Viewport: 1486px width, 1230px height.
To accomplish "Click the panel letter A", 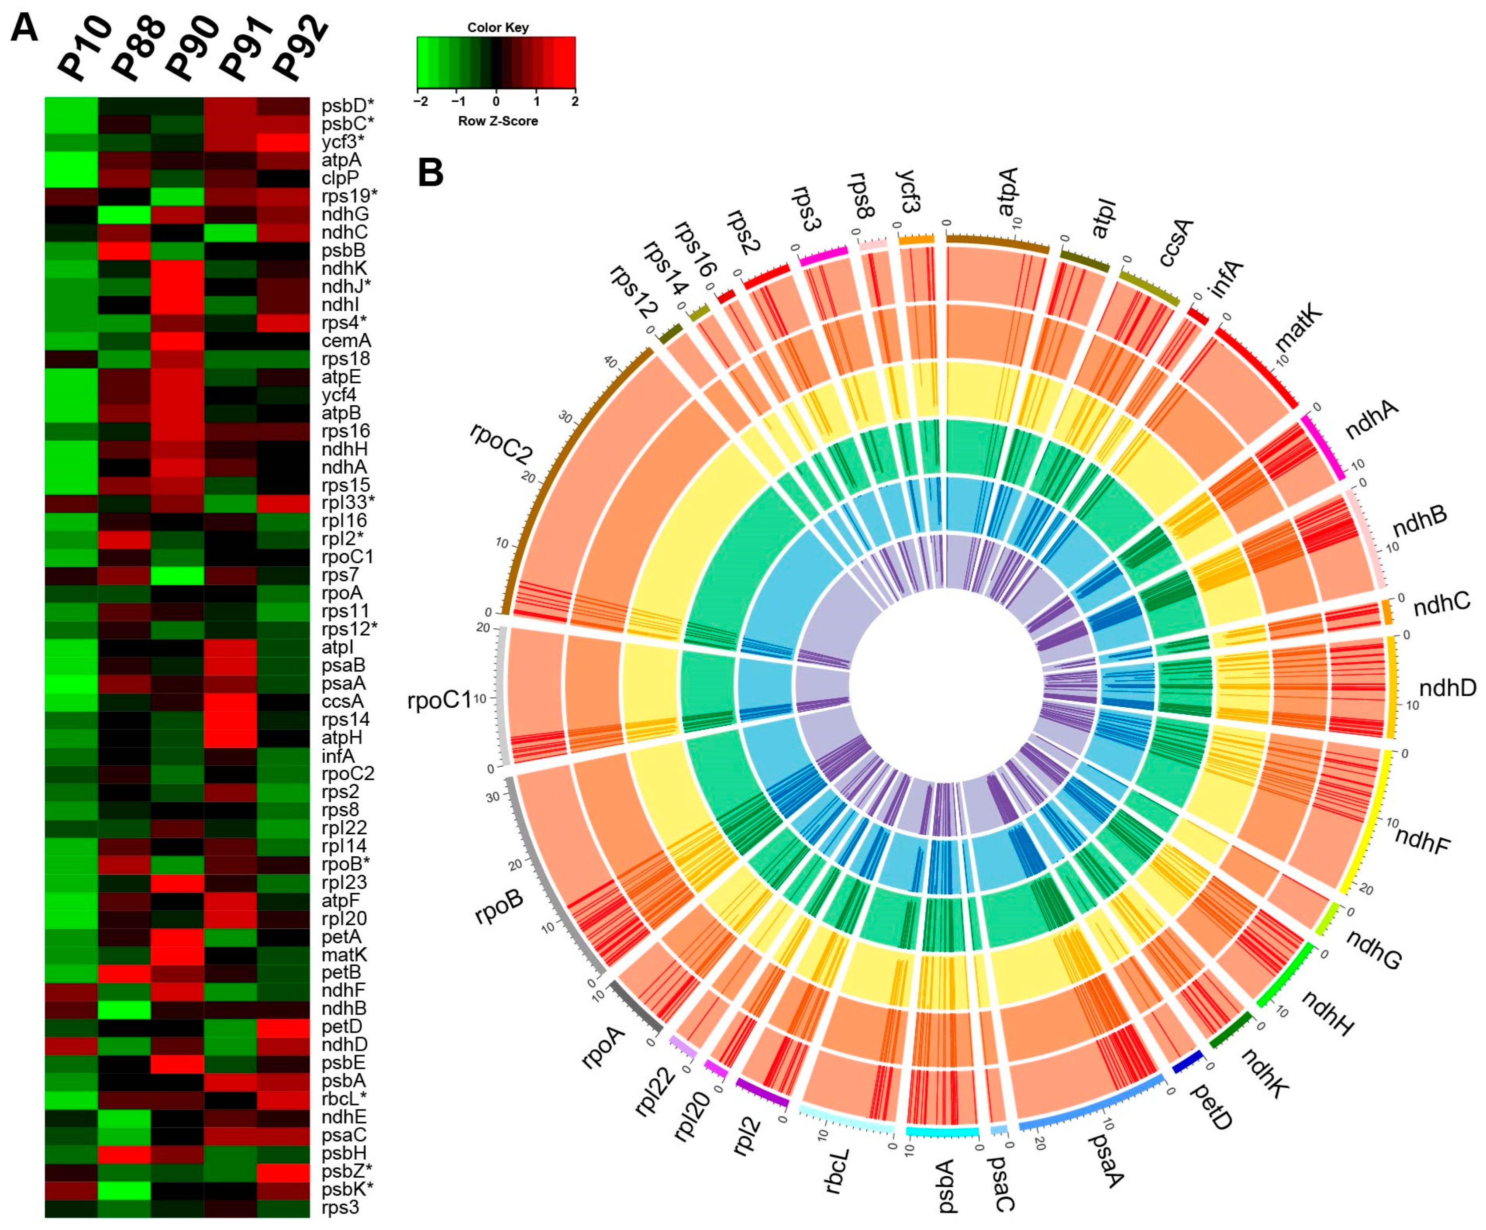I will coord(25,30).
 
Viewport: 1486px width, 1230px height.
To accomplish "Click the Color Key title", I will coord(497,28).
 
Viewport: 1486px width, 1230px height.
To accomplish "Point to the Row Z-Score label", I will coord(497,121).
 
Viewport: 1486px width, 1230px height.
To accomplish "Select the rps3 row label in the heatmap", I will coord(340,1207).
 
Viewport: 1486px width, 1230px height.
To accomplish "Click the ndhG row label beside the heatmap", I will coord(345,214).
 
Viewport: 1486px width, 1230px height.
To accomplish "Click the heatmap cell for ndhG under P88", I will coord(124,214).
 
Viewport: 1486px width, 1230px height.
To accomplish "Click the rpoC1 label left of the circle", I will coord(439,701).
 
